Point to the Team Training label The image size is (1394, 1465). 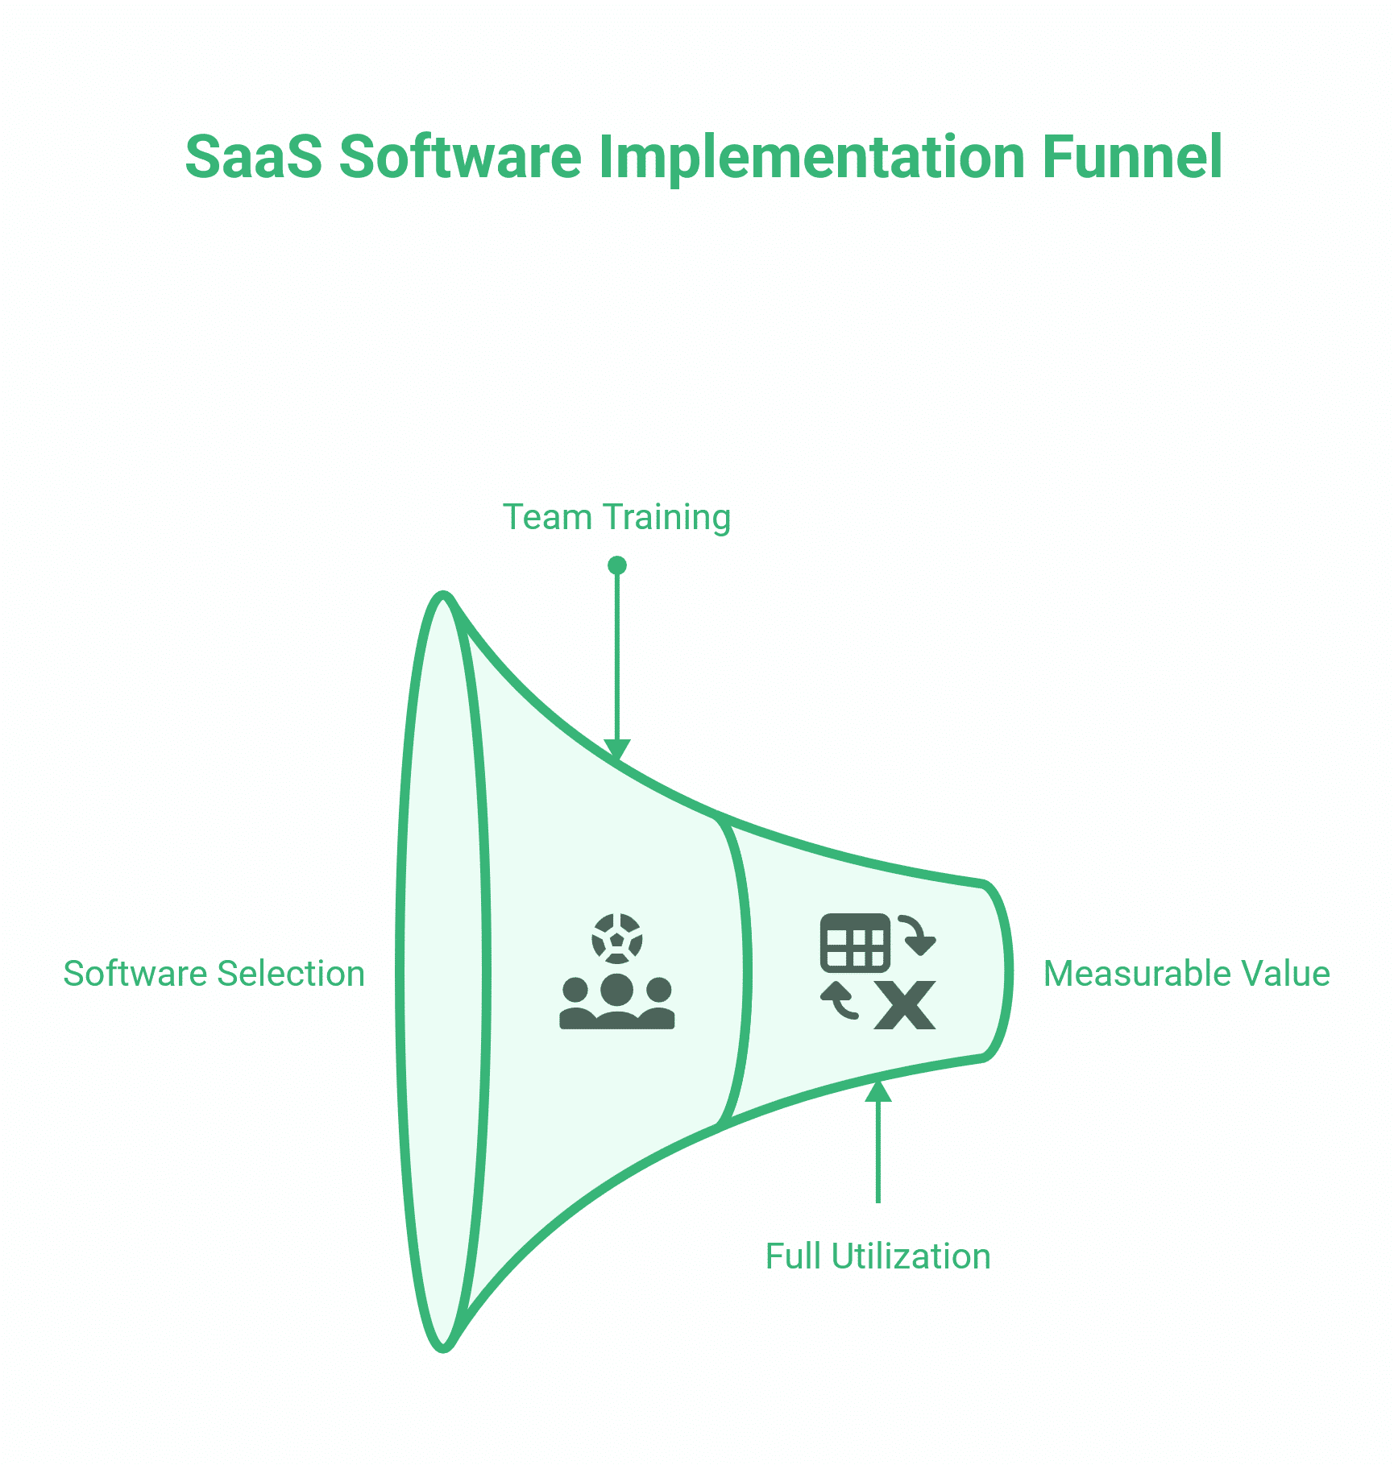(616, 517)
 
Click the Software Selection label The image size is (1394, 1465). (214, 974)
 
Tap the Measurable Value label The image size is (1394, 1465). (1186, 974)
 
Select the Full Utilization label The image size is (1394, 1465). (877, 1256)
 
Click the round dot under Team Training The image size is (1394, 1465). (617, 565)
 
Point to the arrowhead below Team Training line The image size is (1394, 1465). (617, 750)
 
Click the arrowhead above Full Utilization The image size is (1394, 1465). (878, 1090)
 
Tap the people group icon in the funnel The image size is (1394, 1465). (617, 1003)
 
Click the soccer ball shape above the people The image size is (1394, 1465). (617, 938)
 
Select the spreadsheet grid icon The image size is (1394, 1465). (855, 943)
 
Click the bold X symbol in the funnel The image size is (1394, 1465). (906, 1005)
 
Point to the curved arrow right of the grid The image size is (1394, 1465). (917, 934)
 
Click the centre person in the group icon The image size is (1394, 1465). (617, 999)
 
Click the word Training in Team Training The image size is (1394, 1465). (666, 517)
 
